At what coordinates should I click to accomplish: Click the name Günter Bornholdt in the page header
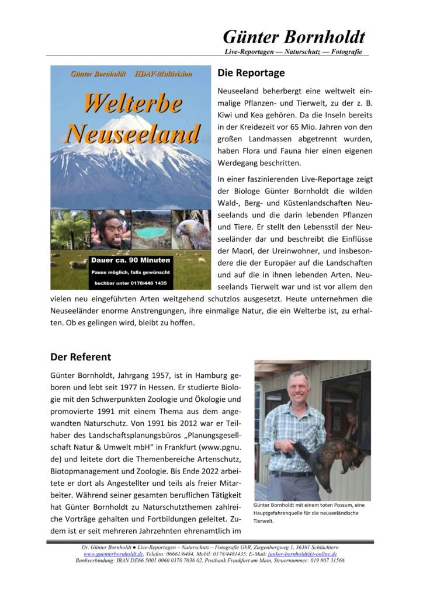[293, 37]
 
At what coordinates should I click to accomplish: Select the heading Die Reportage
[251, 74]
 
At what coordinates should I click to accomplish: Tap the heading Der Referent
[81, 356]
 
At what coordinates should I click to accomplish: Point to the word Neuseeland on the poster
[132, 134]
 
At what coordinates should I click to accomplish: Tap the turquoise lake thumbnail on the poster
[151, 231]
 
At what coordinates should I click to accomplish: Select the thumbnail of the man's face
[110, 230]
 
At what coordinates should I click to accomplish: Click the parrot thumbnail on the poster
[192, 230]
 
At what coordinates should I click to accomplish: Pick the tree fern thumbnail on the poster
[70, 230]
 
